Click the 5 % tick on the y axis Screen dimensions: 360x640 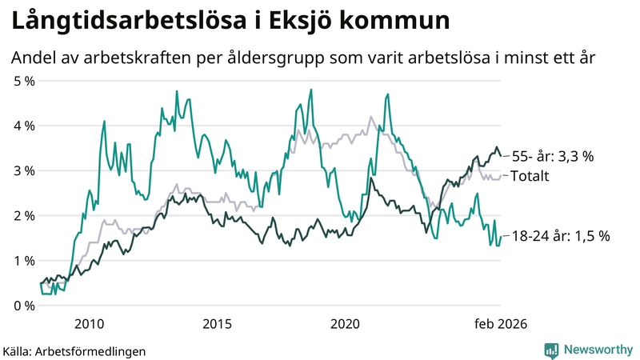(24, 81)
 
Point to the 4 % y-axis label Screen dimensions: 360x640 (24, 126)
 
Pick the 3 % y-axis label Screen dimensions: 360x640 (24, 170)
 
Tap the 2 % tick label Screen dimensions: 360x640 (24, 215)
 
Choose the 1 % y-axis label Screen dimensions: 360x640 (24, 260)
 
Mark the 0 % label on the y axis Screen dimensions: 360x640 (24, 305)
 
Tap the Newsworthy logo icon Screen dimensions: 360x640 (551, 350)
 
